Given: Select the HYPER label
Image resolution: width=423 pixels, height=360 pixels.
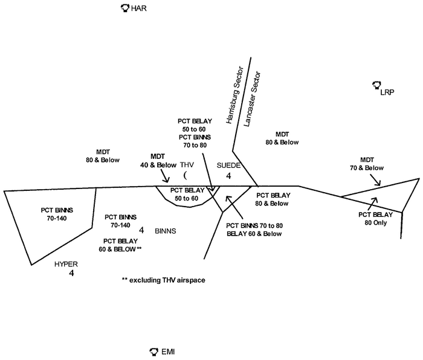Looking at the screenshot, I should tap(67, 264).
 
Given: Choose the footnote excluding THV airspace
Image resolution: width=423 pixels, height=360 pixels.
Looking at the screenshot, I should tap(163, 280).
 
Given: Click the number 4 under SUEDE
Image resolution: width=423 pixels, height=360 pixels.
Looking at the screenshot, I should tap(228, 176).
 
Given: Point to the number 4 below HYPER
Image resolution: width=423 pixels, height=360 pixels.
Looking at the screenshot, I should tap(71, 274).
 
